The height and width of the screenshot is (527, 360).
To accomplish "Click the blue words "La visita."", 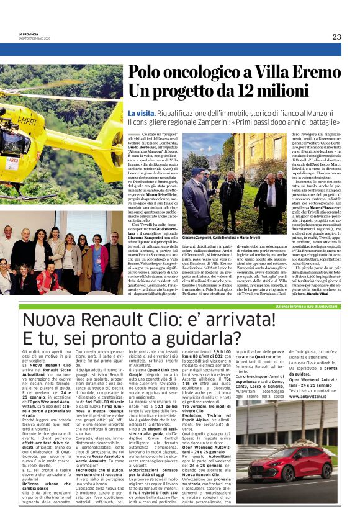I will [142, 114].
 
